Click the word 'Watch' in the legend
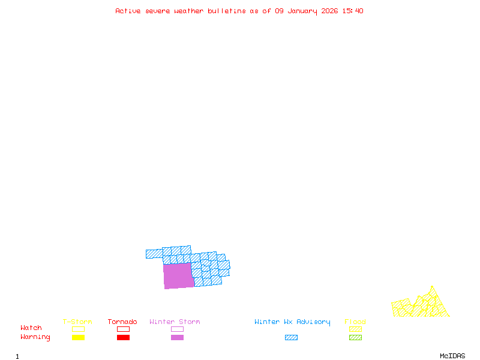[x=31, y=328]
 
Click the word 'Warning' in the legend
[x=35, y=337]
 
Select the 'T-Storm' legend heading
[x=77, y=322]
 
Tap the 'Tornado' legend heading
[x=122, y=322]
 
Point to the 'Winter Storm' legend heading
[x=175, y=322]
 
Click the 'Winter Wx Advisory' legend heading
[x=292, y=322]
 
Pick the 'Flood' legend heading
[x=355, y=322]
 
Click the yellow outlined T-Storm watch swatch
[x=78, y=329]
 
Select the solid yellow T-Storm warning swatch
[x=78, y=338]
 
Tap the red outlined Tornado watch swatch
[x=123, y=329]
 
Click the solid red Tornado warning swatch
[x=123, y=338]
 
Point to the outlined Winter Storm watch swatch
[x=177, y=329]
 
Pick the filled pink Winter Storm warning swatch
[x=177, y=338]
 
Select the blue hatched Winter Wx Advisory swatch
[x=291, y=338]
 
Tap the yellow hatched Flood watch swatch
[x=355, y=329]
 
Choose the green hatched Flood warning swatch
[x=355, y=338]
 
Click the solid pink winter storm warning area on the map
[x=178, y=276]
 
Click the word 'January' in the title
[x=302, y=11]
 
